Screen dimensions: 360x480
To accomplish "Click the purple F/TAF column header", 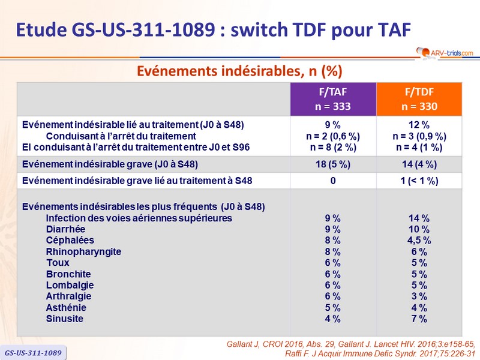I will (334, 99).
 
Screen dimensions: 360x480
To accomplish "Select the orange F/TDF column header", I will (419, 99).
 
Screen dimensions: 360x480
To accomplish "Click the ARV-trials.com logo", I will (443, 53).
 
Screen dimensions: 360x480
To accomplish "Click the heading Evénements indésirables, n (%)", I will (239, 71).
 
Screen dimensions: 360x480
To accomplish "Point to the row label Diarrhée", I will (65, 229).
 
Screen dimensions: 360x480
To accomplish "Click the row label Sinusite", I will (64, 319).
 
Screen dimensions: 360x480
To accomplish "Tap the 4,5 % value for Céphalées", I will (419, 241).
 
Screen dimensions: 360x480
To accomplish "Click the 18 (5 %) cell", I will (332, 164).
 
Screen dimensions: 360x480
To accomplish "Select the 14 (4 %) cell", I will (419, 164).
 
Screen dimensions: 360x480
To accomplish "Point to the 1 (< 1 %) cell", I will (419, 181).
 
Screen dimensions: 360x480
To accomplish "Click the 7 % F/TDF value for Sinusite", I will (419, 319).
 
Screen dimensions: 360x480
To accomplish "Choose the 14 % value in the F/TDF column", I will (419, 218).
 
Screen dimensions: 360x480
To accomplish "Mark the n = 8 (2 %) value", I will (332, 146).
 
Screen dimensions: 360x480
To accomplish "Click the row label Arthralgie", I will (68, 296).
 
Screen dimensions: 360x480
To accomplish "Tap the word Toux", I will (58, 263).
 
